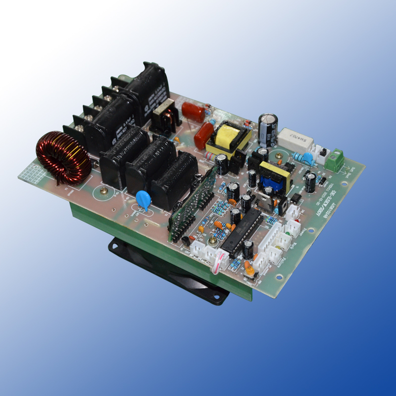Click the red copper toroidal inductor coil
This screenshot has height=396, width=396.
point(63,157)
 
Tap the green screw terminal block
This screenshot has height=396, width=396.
point(335,160)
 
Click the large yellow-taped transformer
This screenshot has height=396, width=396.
point(228,139)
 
